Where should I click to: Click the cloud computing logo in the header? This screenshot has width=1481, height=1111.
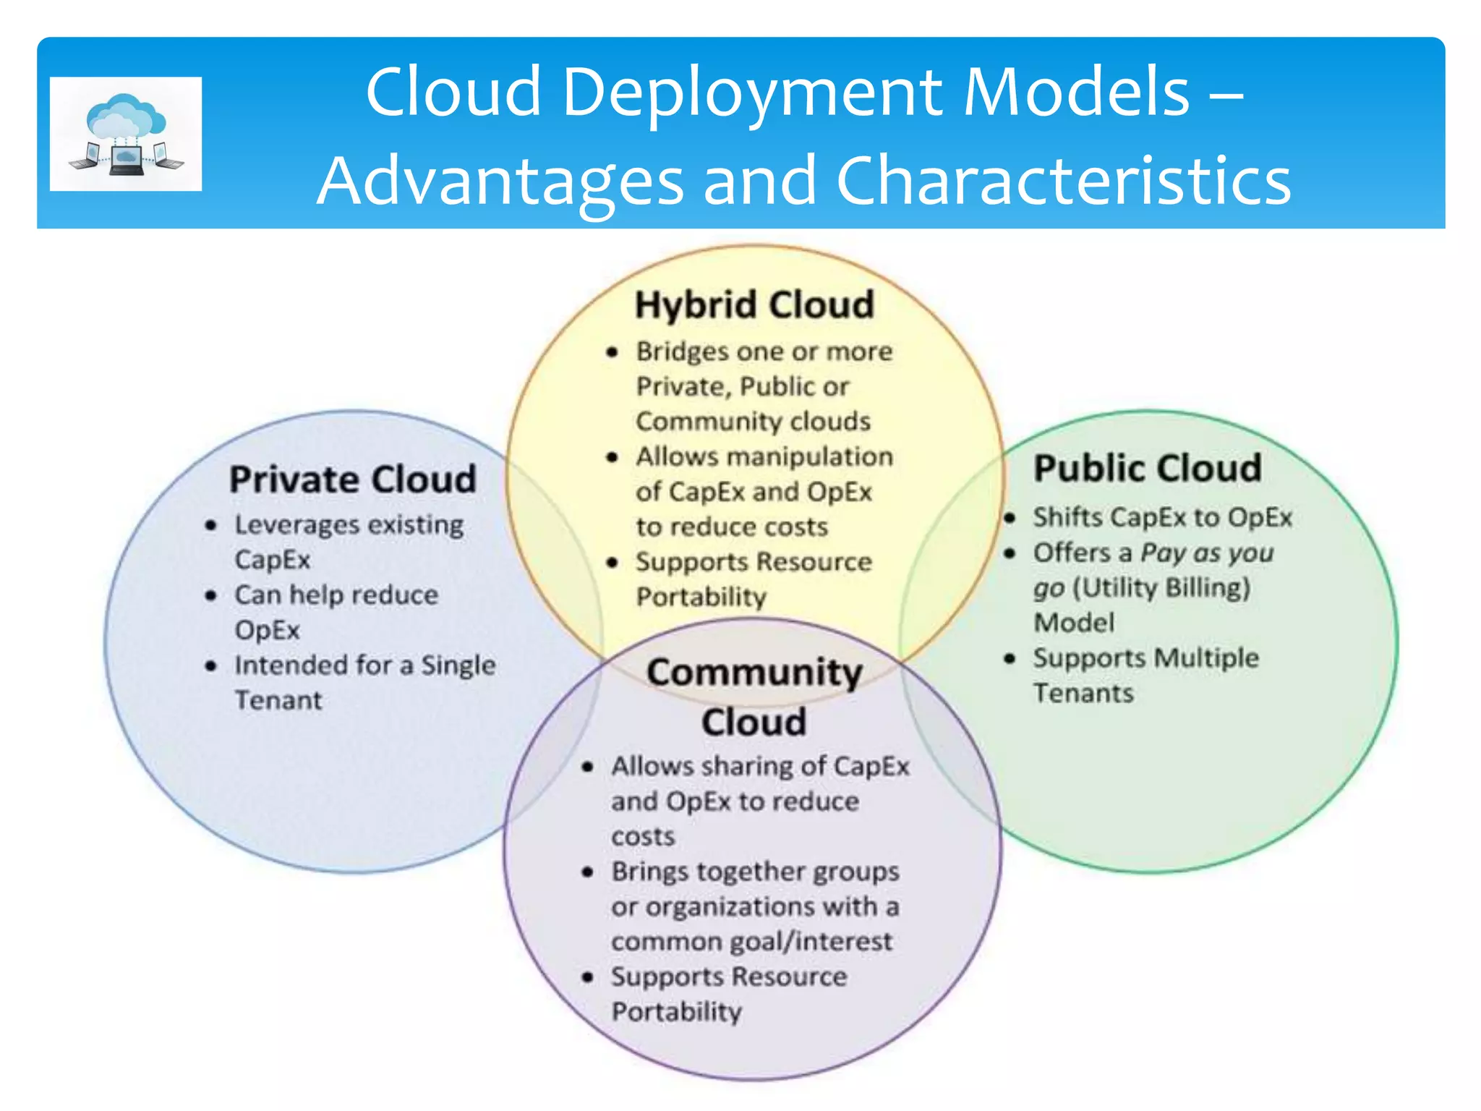[x=126, y=134]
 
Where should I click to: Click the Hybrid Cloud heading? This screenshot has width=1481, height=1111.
[x=754, y=305]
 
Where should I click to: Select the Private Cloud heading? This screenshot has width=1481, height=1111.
[x=353, y=480]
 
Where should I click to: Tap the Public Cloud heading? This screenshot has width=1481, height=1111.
[x=1148, y=468]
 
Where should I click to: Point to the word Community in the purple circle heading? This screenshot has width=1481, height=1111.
[x=754, y=673]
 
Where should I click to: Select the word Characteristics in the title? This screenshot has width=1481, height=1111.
[x=1063, y=180]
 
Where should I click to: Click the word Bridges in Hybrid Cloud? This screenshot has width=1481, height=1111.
[x=682, y=352]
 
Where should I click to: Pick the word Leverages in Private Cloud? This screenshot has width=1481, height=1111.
[x=286, y=525]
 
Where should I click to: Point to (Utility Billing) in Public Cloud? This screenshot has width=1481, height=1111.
[x=1161, y=587]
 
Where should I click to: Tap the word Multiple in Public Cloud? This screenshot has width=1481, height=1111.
[x=1206, y=658]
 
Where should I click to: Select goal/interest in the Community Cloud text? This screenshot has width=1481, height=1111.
[x=812, y=941]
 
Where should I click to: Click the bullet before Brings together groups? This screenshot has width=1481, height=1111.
[x=588, y=872]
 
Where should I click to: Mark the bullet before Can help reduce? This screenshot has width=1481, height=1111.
[x=211, y=596]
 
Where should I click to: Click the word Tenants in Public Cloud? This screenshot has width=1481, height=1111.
[x=1083, y=694]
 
